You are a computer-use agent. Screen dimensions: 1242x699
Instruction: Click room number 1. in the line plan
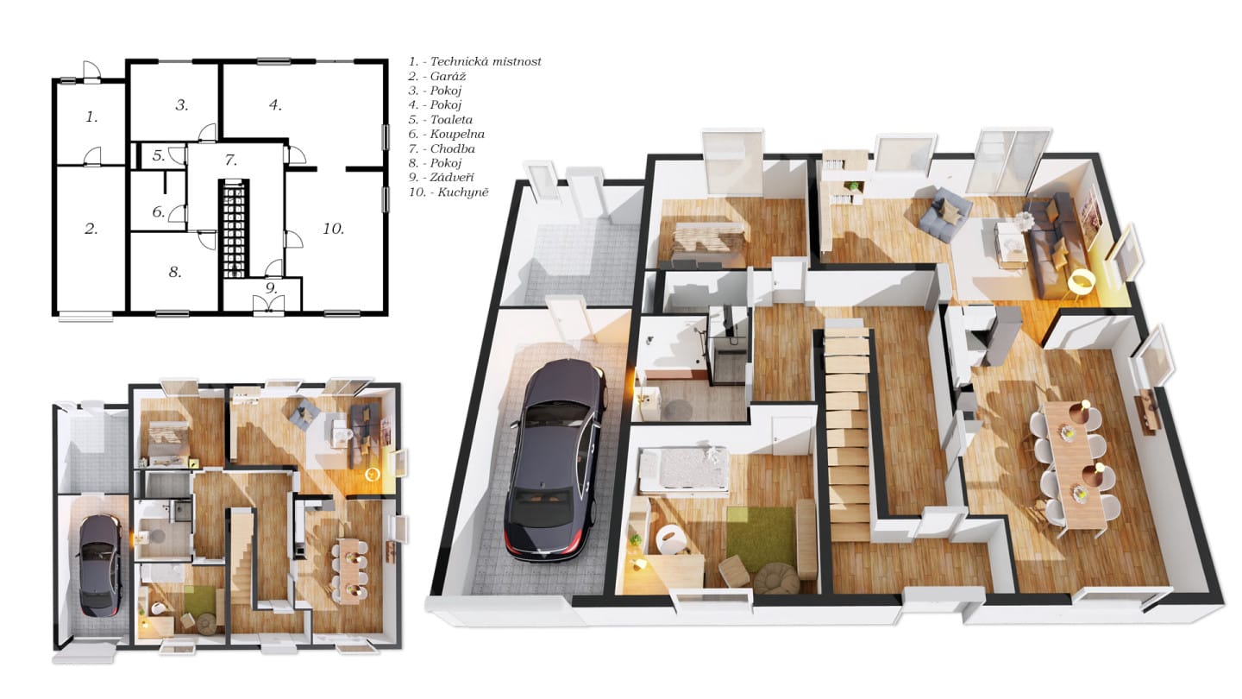[92, 116]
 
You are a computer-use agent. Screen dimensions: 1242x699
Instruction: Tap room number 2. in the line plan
[91, 229]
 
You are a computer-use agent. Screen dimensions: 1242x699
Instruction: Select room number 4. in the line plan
[276, 105]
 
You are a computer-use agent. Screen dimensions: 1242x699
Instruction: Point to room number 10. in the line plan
[333, 229]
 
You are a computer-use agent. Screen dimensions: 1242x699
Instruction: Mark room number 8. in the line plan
[175, 272]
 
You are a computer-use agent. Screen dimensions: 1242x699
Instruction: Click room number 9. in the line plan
[271, 288]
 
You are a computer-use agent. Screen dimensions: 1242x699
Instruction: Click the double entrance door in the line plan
[269, 304]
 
